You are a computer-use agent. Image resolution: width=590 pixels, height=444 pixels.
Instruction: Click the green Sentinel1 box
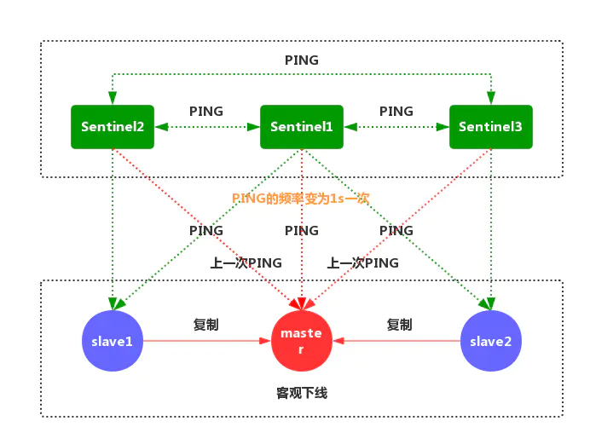click(302, 127)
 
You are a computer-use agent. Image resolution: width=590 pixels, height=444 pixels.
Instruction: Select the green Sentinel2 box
click(113, 127)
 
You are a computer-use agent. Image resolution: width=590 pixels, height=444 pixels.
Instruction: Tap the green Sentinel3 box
click(490, 127)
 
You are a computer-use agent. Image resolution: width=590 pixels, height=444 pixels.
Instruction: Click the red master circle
click(301, 341)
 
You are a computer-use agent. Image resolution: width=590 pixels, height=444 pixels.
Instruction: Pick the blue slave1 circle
click(113, 341)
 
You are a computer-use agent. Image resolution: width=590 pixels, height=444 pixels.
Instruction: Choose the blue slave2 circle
click(490, 341)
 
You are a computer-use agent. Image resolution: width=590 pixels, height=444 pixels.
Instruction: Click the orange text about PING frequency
click(300, 198)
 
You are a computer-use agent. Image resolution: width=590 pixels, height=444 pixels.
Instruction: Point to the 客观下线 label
click(302, 393)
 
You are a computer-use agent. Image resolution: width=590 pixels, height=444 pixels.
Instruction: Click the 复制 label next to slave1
click(206, 325)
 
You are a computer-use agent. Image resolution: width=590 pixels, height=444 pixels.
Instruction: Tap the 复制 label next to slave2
click(399, 325)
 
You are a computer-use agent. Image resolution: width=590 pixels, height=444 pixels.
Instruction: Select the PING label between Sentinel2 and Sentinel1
click(206, 112)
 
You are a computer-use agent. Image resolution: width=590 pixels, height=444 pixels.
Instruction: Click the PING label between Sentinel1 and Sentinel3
click(396, 112)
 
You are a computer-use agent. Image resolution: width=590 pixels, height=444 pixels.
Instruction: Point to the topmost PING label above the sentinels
click(302, 61)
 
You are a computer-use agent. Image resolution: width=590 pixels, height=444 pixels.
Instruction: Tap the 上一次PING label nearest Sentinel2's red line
click(246, 263)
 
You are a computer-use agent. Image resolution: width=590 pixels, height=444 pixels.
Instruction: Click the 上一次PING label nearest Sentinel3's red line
click(362, 263)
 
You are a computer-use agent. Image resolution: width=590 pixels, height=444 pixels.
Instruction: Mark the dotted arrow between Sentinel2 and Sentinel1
click(206, 127)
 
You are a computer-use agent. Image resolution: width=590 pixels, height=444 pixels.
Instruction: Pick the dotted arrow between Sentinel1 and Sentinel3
click(396, 127)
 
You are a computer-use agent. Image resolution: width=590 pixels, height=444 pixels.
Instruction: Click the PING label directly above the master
click(302, 231)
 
